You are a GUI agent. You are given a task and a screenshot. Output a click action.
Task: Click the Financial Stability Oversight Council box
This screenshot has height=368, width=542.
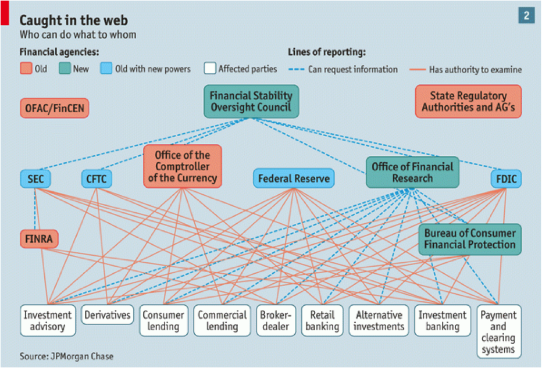[251, 101]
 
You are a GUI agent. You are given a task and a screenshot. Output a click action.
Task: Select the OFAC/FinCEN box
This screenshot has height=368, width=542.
[54, 108]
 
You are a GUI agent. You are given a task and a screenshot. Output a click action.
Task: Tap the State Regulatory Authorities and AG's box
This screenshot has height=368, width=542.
[468, 101]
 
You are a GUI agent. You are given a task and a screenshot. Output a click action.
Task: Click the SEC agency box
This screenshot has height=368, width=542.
[35, 178]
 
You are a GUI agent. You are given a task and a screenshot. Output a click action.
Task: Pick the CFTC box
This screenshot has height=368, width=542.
[97, 178]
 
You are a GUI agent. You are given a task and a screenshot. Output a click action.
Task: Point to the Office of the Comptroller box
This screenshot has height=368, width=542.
[183, 166]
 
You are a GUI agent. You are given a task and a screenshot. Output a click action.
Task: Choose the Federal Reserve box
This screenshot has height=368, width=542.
[294, 178]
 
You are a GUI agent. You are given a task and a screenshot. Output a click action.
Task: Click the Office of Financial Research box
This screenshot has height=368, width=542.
[412, 172]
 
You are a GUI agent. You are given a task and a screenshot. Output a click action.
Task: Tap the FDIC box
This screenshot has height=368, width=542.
[507, 178]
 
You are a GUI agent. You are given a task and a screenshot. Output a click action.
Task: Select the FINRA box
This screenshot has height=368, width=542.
[39, 239]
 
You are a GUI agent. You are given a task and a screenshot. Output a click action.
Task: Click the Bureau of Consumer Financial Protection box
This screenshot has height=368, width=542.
[470, 240]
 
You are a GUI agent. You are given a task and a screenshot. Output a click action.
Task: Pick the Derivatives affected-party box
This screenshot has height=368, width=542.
[108, 315]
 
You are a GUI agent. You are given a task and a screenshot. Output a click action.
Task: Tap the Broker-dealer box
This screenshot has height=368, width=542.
[276, 320]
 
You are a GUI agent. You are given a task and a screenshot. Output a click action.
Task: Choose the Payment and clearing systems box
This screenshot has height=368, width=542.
[499, 331]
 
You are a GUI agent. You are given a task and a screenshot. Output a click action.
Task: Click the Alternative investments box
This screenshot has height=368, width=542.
[379, 320]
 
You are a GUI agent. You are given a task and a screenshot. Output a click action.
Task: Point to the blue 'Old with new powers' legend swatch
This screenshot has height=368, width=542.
[106, 68]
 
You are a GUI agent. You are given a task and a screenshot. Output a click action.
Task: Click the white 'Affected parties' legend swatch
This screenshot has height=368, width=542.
[210, 68]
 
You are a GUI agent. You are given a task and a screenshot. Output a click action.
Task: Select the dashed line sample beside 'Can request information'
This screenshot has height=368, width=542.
[296, 69]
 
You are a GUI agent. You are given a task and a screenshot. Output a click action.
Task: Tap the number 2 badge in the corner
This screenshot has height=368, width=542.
[526, 15]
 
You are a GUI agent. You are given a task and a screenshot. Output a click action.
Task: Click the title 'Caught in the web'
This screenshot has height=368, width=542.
[74, 20]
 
